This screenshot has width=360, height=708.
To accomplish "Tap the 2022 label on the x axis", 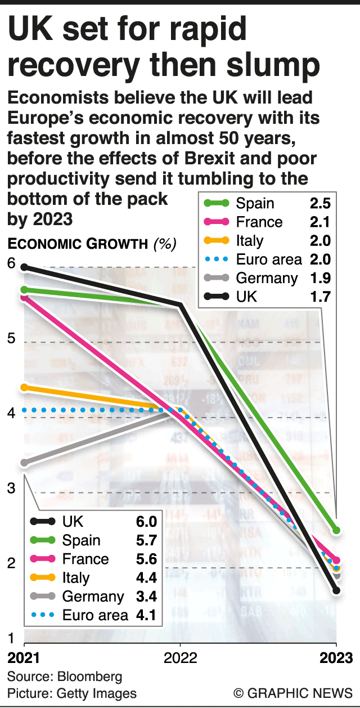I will [180, 658].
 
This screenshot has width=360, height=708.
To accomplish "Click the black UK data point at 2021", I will [25, 267].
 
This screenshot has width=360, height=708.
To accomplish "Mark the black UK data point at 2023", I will [336, 590].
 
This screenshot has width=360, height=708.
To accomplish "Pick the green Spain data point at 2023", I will [336, 530].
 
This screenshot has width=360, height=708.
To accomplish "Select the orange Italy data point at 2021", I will [25, 388].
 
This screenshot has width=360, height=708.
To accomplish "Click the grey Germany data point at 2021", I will [25, 463].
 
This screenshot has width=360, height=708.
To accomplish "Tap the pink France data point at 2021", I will [25, 297].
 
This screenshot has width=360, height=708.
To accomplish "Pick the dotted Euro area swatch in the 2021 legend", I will [43, 615].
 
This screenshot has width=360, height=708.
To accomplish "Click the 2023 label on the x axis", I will [337, 658].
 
